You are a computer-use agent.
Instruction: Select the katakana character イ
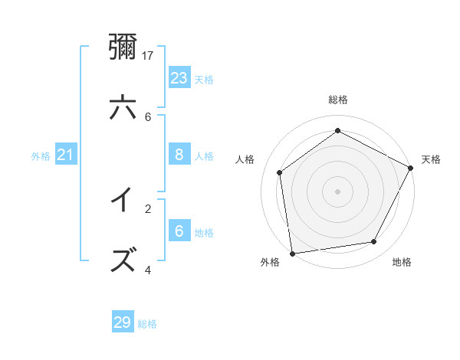click(x=123, y=201)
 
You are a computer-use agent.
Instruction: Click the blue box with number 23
click(x=179, y=77)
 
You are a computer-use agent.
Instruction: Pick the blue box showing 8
click(x=179, y=155)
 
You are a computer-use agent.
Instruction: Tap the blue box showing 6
click(x=179, y=231)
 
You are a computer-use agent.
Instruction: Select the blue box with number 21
click(x=66, y=155)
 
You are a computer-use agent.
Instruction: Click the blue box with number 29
click(x=123, y=322)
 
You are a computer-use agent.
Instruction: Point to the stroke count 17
click(x=149, y=55)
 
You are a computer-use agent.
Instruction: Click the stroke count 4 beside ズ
click(x=148, y=270)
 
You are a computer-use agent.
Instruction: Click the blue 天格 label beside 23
click(x=204, y=79)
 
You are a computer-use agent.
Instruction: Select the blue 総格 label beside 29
click(x=147, y=324)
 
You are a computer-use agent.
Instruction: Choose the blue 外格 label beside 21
click(x=41, y=156)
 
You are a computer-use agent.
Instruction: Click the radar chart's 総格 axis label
click(x=337, y=100)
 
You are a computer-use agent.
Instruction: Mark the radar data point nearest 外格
click(x=292, y=253)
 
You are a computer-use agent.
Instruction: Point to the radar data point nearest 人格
click(x=280, y=172)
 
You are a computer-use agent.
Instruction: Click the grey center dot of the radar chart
click(x=337, y=191)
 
